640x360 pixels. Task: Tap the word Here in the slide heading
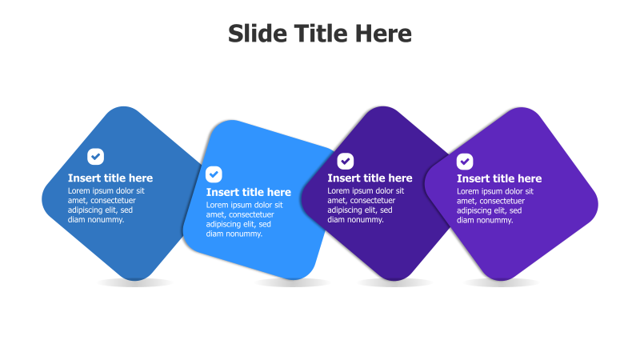pyautogui.click(x=383, y=34)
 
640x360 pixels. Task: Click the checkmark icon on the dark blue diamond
pyautogui.click(x=96, y=156)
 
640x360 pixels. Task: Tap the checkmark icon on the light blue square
pyautogui.click(x=214, y=174)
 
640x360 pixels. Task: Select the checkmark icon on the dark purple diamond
pyautogui.click(x=345, y=161)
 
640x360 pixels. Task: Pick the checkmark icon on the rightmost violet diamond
pyautogui.click(x=465, y=161)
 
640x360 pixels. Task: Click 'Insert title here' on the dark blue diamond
pyautogui.click(x=110, y=178)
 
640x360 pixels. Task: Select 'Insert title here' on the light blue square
pyautogui.click(x=249, y=192)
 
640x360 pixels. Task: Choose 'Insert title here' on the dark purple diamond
pyautogui.click(x=370, y=178)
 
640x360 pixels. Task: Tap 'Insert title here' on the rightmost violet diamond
pyautogui.click(x=499, y=178)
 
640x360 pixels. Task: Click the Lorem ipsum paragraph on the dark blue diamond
pyautogui.click(x=106, y=205)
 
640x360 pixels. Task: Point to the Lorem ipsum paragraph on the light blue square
pyautogui.click(x=240, y=219)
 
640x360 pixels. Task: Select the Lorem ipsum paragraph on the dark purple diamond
pyautogui.click(x=365, y=205)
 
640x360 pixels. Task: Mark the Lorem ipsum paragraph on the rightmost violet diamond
pyautogui.click(x=494, y=205)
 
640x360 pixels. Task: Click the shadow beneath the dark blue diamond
pyautogui.click(x=134, y=282)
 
